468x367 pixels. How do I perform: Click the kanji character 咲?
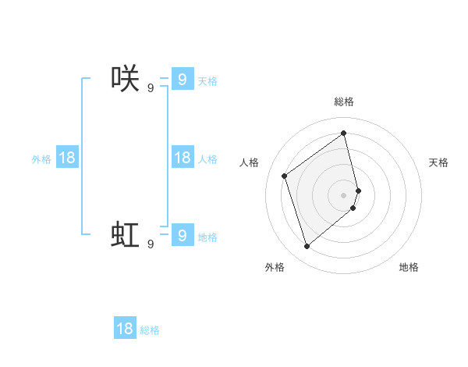(125, 79)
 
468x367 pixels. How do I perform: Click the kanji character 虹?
(125, 235)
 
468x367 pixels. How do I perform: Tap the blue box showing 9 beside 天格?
(182, 79)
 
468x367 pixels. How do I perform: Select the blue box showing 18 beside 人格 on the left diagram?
(182, 158)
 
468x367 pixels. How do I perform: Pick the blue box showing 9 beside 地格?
(182, 234)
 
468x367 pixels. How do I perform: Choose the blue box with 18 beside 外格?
(67, 158)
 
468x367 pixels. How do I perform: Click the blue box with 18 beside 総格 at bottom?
(125, 329)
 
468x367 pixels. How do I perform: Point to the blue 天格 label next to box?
(207, 81)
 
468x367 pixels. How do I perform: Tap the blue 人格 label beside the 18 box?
(207, 159)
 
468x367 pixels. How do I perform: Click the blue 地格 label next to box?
(207, 237)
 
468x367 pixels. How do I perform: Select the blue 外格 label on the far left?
(41, 159)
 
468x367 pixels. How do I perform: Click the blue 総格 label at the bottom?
(150, 331)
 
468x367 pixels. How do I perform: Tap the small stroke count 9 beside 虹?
(151, 244)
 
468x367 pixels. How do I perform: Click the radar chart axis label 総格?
(344, 102)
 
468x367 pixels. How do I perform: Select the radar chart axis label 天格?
(438, 162)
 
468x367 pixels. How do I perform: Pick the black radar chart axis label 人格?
(250, 162)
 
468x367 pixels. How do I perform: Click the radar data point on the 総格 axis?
(344, 133)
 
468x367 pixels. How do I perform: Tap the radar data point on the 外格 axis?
(307, 247)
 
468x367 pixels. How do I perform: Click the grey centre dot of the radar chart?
(344, 194)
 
